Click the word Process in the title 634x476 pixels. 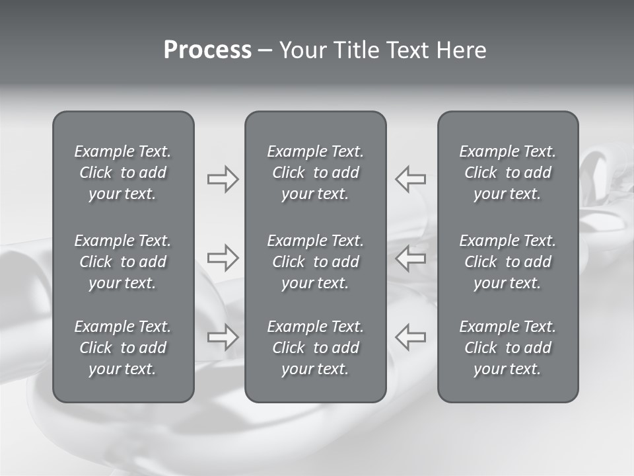point(207,50)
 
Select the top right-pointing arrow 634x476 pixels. point(223,179)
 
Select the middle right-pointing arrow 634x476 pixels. point(223,258)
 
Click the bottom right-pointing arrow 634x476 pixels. point(223,337)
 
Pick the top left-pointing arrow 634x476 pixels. point(410,178)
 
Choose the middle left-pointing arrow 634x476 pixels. point(410,258)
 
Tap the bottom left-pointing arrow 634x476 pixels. point(410,337)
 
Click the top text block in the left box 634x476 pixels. point(123,173)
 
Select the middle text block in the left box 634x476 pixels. point(123,262)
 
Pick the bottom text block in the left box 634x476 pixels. point(123,348)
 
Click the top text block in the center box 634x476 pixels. point(316,173)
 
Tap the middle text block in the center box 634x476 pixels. point(316,262)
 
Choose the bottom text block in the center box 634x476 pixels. point(316,348)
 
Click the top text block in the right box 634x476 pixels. point(508,173)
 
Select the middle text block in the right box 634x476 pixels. point(508,262)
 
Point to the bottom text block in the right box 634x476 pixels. point(508,348)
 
